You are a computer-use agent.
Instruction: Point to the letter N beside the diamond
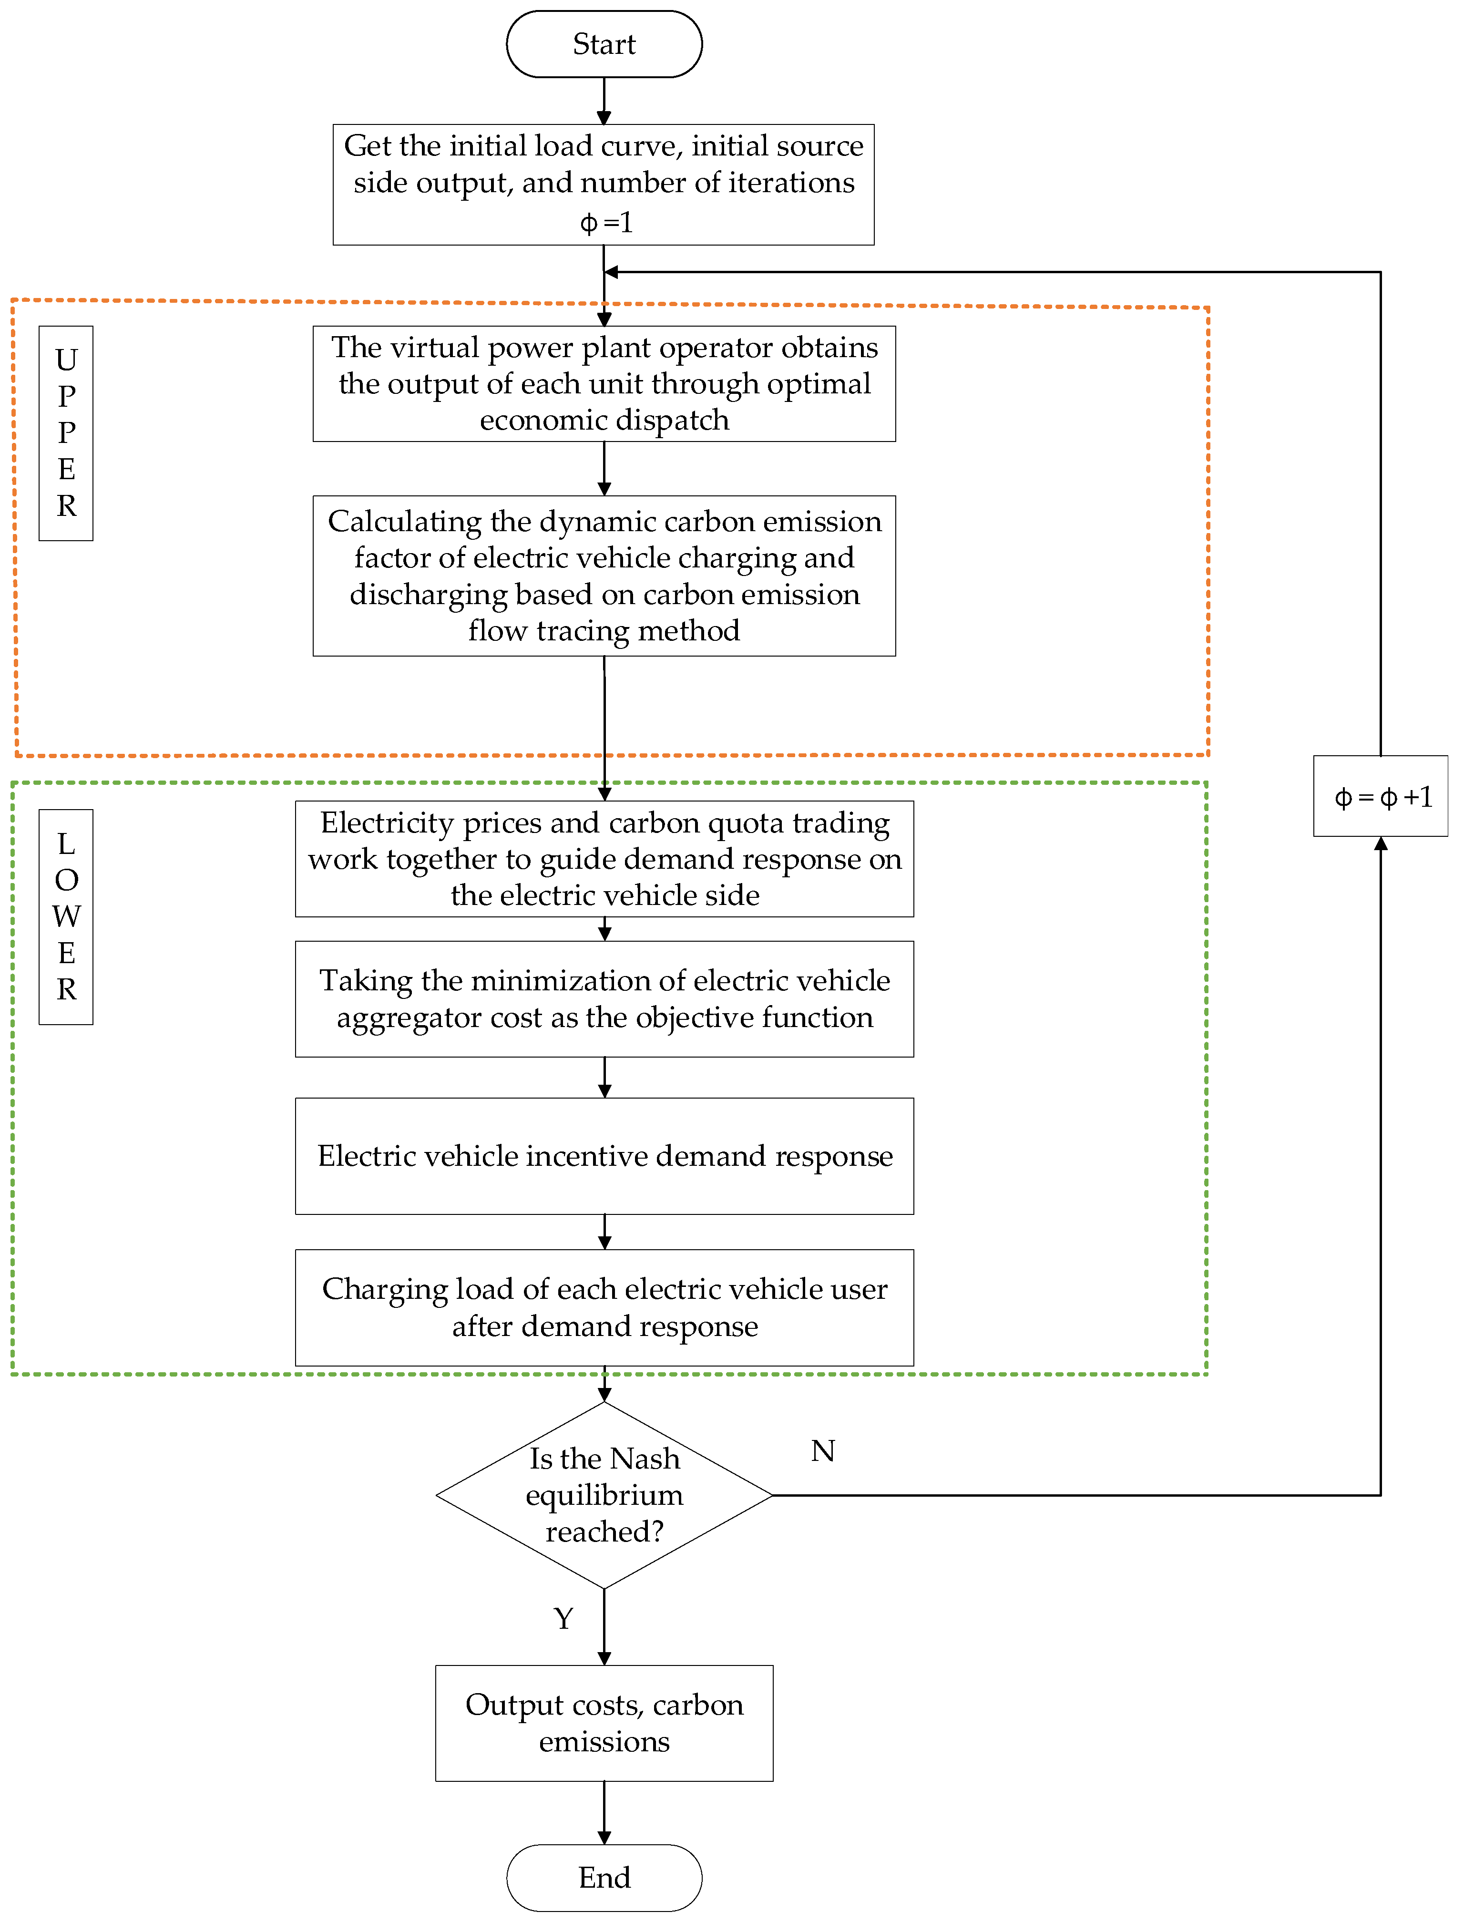click(x=823, y=1450)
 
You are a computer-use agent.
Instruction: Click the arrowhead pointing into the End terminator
click(x=604, y=1838)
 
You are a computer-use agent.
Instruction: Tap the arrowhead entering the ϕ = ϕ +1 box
click(x=1381, y=844)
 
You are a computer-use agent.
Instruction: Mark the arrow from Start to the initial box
click(x=604, y=101)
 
